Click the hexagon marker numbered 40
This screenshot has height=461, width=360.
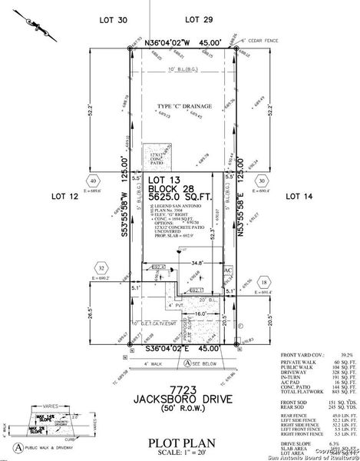tap(93, 181)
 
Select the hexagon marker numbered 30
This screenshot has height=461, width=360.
tap(262, 181)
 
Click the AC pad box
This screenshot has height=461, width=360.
tap(228, 273)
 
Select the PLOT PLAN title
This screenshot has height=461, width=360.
tap(180, 443)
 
